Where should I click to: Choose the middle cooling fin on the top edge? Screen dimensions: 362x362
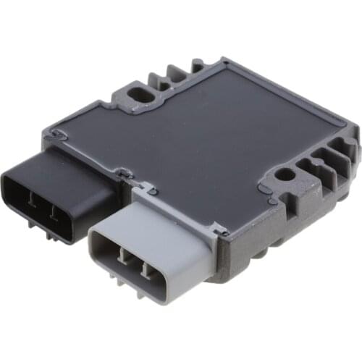175,70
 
